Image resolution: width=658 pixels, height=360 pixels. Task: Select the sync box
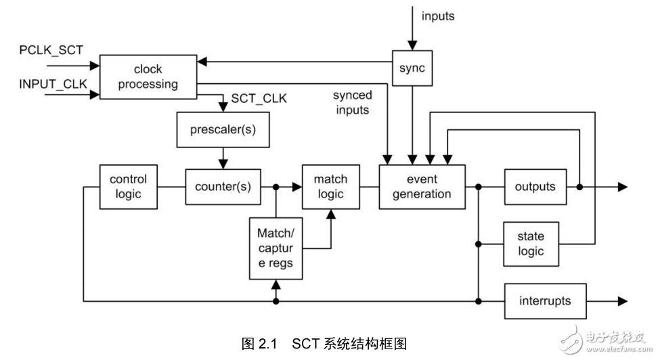click(412, 68)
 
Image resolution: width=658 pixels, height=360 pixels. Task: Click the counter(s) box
click(223, 187)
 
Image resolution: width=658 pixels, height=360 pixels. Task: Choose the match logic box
click(330, 186)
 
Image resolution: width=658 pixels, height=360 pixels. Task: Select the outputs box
click(534, 187)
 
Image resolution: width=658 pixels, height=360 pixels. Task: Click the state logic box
click(531, 244)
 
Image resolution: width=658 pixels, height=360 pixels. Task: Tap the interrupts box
click(544, 300)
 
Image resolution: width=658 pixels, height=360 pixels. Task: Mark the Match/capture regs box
click(275, 248)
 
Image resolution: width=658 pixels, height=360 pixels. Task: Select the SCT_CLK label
click(259, 99)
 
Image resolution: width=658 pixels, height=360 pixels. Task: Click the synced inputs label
click(352, 103)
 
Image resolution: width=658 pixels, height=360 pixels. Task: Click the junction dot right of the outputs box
click(579, 187)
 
